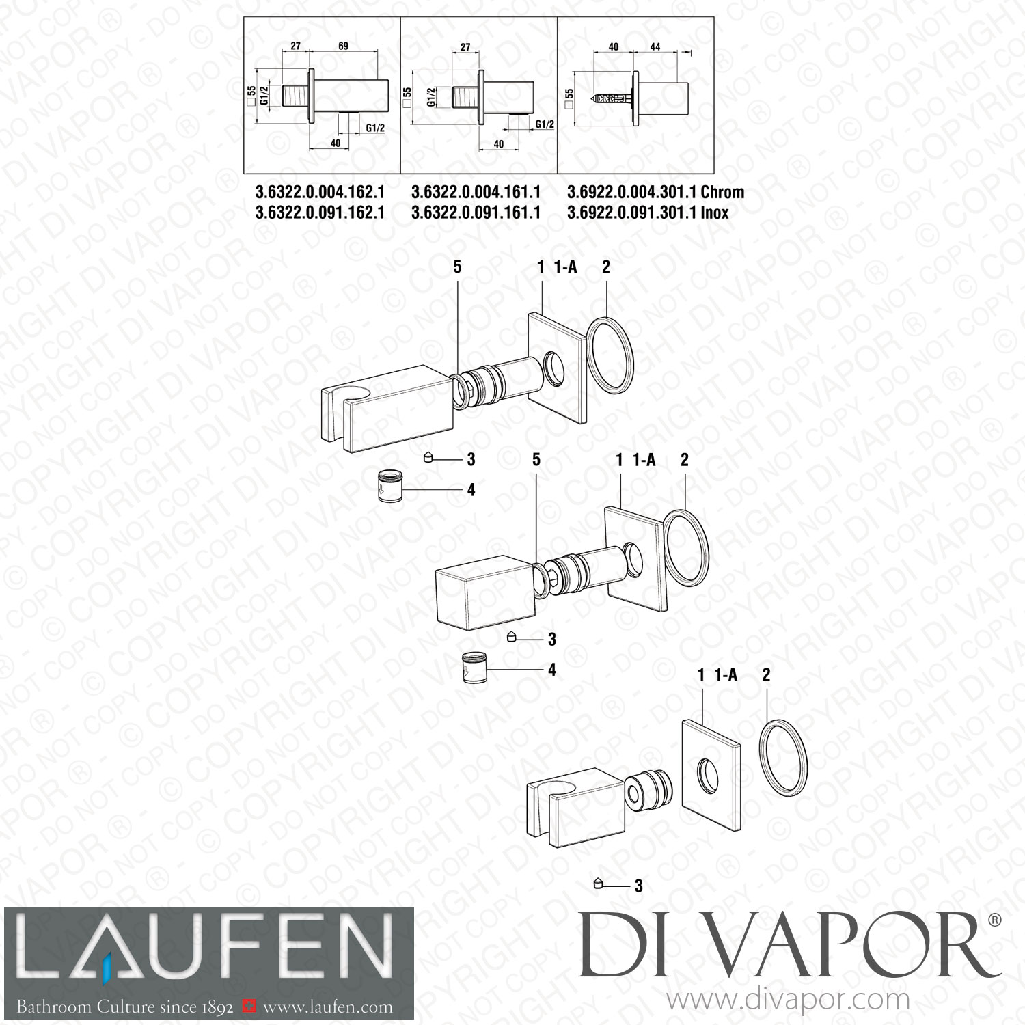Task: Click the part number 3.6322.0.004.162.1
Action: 320,193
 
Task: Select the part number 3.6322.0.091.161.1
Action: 476,213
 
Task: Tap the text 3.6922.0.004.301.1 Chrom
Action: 655,193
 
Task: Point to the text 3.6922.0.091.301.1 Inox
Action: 647,213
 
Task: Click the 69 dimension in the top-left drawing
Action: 343,46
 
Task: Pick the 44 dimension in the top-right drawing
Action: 655,46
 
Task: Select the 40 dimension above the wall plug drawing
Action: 613,46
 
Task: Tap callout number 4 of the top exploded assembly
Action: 471,490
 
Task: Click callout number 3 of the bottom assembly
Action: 638,886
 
